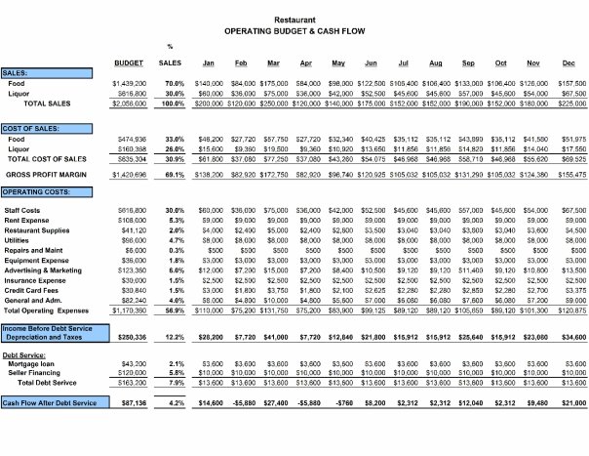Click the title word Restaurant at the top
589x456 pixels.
(x=294, y=19)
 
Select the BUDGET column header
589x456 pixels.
(x=131, y=63)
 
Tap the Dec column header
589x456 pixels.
(x=568, y=63)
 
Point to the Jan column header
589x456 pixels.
(x=208, y=63)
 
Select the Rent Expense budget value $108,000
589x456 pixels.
(x=132, y=220)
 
